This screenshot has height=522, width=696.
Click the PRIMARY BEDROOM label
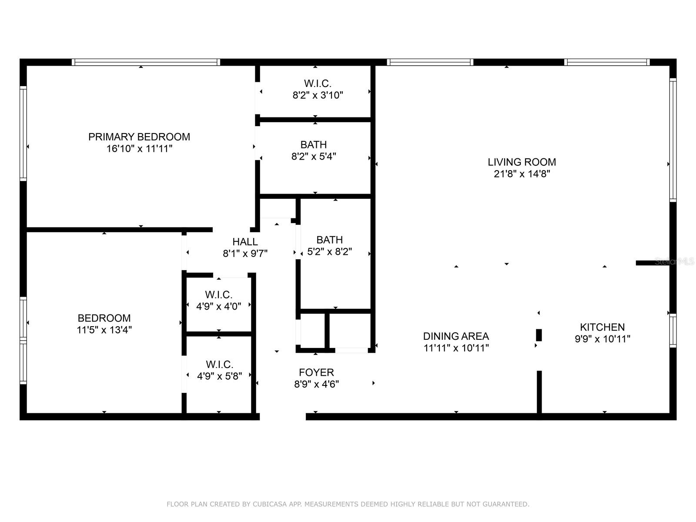click(x=139, y=137)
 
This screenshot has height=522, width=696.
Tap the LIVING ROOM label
click(x=522, y=162)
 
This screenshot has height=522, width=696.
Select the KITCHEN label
click(x=602, y=327)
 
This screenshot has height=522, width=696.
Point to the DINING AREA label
click(x=456, y=336)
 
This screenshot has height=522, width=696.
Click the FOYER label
click(x=316, y=372)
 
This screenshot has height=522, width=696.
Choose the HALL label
click(x=245, y=242)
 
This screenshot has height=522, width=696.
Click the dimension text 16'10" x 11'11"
click(x=139, y=149)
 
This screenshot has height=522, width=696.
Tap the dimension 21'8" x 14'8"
click(x=522, y=174)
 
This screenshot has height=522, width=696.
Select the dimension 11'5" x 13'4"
click(x=104, y=330)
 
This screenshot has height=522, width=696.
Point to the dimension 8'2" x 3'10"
click(x=318, y=95)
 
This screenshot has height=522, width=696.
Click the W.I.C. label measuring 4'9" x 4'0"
click(x=218, y=294)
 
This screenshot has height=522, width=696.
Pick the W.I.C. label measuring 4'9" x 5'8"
click(x=219, y=364)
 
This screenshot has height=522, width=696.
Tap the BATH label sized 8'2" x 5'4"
click(x=313, y=144)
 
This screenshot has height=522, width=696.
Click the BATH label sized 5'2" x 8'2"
click(x=329, y=240)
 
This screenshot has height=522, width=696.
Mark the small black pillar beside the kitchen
click(x=539, y=335)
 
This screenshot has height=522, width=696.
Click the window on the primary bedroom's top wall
click(x=146, y=62)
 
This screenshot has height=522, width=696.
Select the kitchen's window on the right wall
click(x=673, y=330)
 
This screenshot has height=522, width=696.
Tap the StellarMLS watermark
click(x=674, y=261)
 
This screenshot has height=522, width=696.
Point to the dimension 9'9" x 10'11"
click(x=602, y=339)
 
